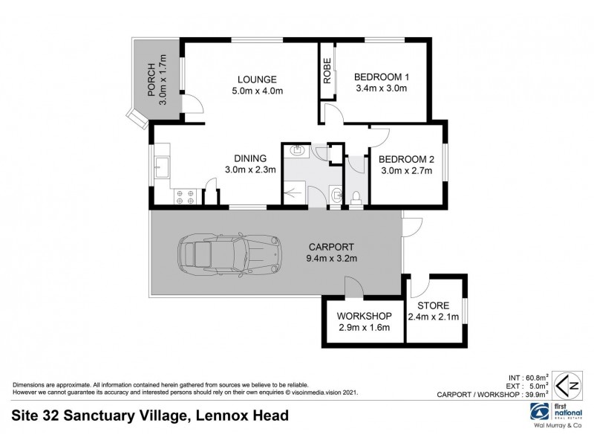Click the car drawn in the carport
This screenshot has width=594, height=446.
pos(228,253)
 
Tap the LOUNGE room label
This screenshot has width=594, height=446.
pos(257,80)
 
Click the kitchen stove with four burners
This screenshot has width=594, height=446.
pos(184,196)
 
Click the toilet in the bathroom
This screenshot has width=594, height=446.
pos(356,196)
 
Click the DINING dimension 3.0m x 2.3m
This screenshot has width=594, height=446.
pos(251,169)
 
